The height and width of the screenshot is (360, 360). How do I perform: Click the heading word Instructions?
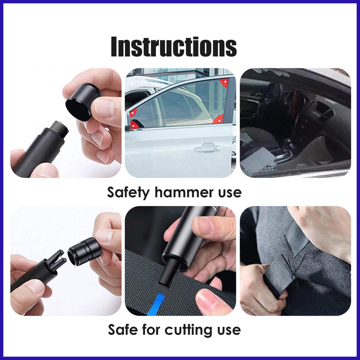[174, 47]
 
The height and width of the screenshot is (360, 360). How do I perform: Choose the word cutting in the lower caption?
[189, 330]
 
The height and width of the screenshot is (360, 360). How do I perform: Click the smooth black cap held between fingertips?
[83, 102]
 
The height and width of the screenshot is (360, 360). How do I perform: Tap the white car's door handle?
[208, 148]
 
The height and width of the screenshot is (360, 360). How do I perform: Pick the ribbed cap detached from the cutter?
[84, 251]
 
